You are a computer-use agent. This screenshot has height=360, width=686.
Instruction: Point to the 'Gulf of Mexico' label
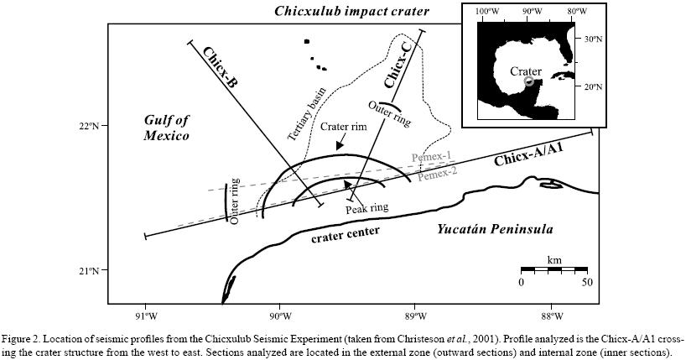point(162,128)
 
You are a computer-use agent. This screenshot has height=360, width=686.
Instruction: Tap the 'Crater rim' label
point(343,127)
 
